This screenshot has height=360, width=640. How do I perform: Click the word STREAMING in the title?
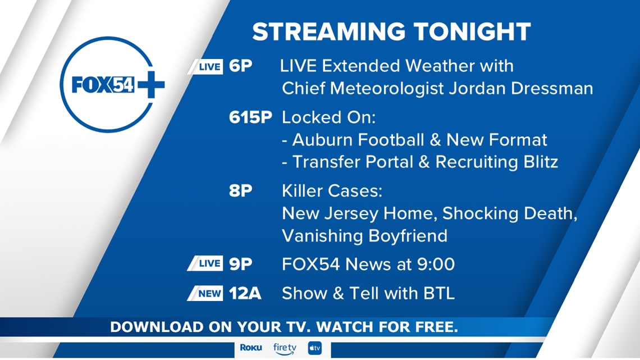[329, 32]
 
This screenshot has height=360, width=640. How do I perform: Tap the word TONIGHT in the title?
[472, 32]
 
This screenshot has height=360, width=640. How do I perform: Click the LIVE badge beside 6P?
[205, 66]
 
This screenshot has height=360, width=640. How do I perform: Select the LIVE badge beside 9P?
[205, 263]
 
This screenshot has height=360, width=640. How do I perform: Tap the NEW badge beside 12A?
[205, 293]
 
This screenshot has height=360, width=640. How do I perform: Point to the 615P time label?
[250, 117]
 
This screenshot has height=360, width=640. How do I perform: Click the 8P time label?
[240, 190]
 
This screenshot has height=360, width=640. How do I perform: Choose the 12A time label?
[245, 294]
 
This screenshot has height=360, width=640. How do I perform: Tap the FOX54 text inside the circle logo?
[103, 84]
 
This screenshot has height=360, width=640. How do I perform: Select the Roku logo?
[251, 347]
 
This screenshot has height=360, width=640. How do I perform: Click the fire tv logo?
[285, 349]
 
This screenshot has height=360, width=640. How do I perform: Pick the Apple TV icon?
[315, 348]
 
